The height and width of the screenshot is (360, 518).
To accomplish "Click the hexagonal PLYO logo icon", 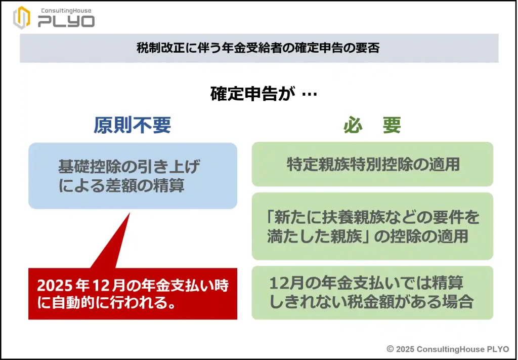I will [x=22, y=18].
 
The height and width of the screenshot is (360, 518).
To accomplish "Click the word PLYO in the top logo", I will [x=66, y=21].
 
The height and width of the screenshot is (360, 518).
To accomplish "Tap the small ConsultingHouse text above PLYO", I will [x=65, y=10].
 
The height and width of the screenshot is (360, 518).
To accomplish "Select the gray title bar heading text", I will [x=258, y=49].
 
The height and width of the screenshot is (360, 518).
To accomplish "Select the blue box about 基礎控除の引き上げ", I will [x=133, y=175].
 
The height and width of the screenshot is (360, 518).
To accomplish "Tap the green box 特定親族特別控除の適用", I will [x=372, y=164].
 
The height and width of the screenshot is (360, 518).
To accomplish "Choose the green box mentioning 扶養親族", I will [x=372, y=226].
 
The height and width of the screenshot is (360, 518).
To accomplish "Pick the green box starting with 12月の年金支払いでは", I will [x=372, y=293].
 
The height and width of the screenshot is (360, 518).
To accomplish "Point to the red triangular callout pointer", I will [x=114, y=243].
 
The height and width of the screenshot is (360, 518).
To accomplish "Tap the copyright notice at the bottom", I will [x=447, y=349].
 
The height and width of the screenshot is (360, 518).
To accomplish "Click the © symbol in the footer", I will [x=390, y=349].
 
